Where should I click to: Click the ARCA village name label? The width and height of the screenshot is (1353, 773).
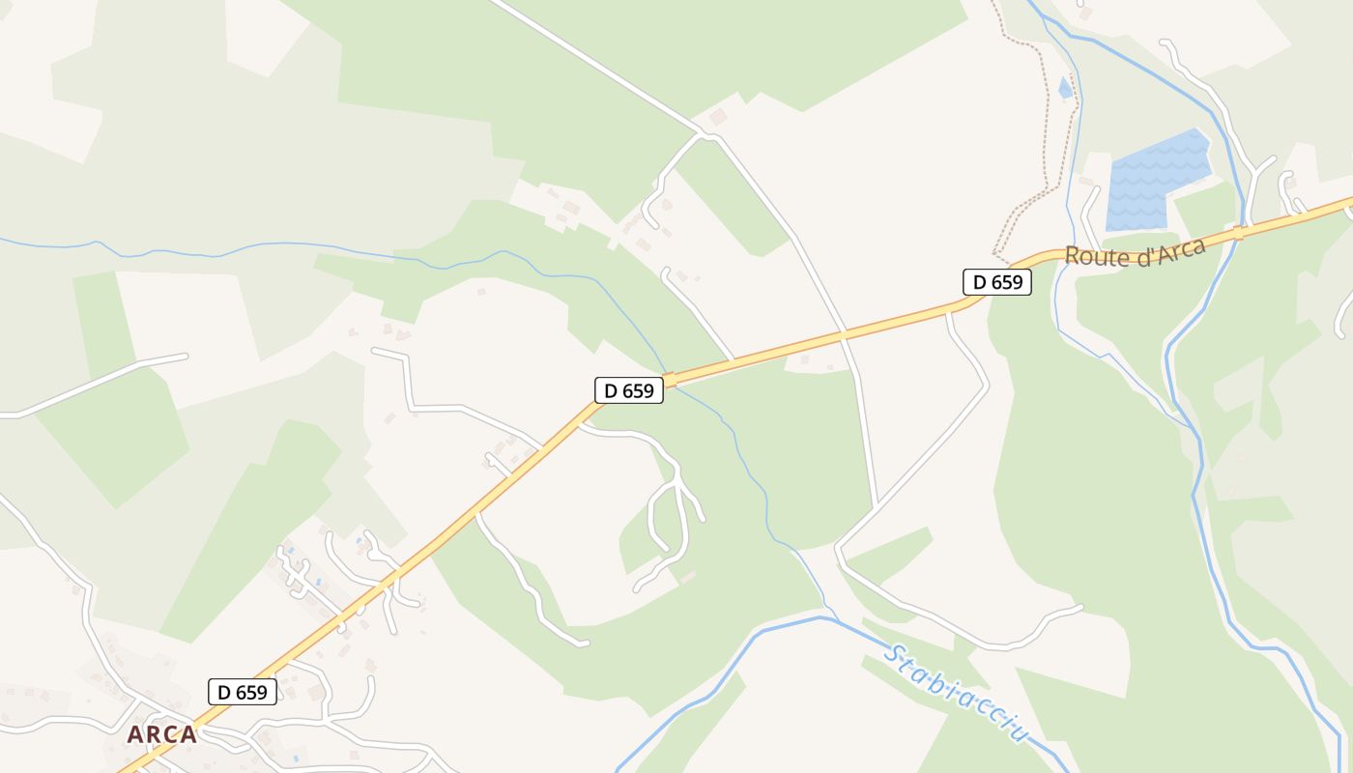coord(161,734)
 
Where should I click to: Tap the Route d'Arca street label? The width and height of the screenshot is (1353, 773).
coord(1135,253)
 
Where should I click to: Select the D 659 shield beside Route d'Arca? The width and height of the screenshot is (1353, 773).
coord(997,282)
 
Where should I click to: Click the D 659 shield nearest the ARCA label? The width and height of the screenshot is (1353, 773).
coord(243,692)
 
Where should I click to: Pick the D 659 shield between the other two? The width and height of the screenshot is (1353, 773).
coord(628,390)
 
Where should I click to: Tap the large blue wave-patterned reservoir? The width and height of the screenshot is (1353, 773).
coord(1158,181)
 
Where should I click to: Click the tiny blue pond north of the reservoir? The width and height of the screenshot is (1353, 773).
coord(1065,89)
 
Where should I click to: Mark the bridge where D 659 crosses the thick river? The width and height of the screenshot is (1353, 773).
coord(1238,232)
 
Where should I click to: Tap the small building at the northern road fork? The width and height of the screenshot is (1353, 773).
coord(717,117)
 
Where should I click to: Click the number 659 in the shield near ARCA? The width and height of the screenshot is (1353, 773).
coord(251,692)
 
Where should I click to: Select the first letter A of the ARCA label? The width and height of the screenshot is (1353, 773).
coord(134,734)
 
